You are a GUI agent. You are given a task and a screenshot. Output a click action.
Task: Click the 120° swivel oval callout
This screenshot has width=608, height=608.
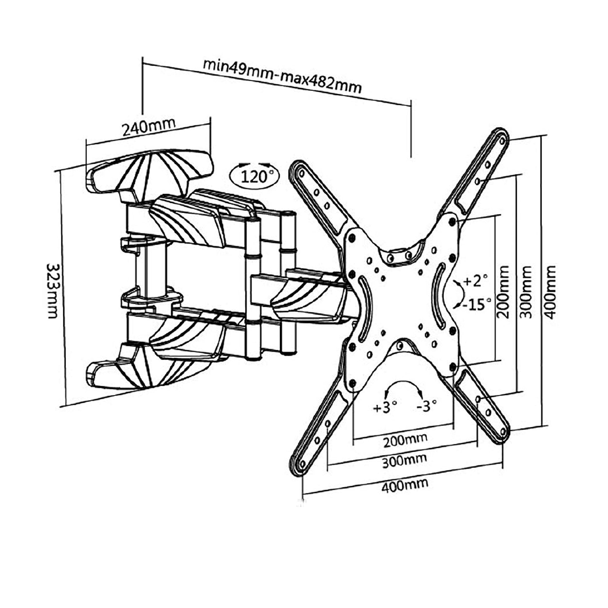[x=255, y=176]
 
